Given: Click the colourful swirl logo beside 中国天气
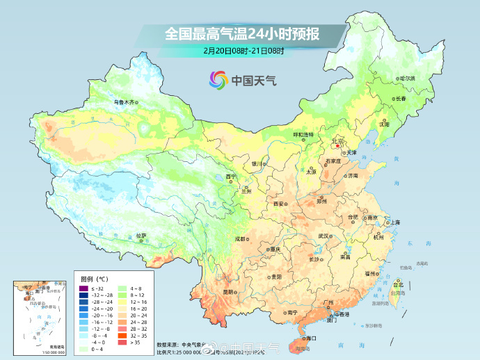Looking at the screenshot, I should (218, 80).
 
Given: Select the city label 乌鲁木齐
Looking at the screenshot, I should (123, 102).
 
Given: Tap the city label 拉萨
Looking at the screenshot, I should (141, 236).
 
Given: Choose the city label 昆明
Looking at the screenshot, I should (228, 292).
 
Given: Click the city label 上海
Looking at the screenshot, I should (394, 222).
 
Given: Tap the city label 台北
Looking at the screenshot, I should (399, 285).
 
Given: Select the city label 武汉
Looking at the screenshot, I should (323, 236).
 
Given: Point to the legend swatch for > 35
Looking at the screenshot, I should (123, 341).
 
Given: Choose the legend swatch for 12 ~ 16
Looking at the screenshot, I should (123, 302).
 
